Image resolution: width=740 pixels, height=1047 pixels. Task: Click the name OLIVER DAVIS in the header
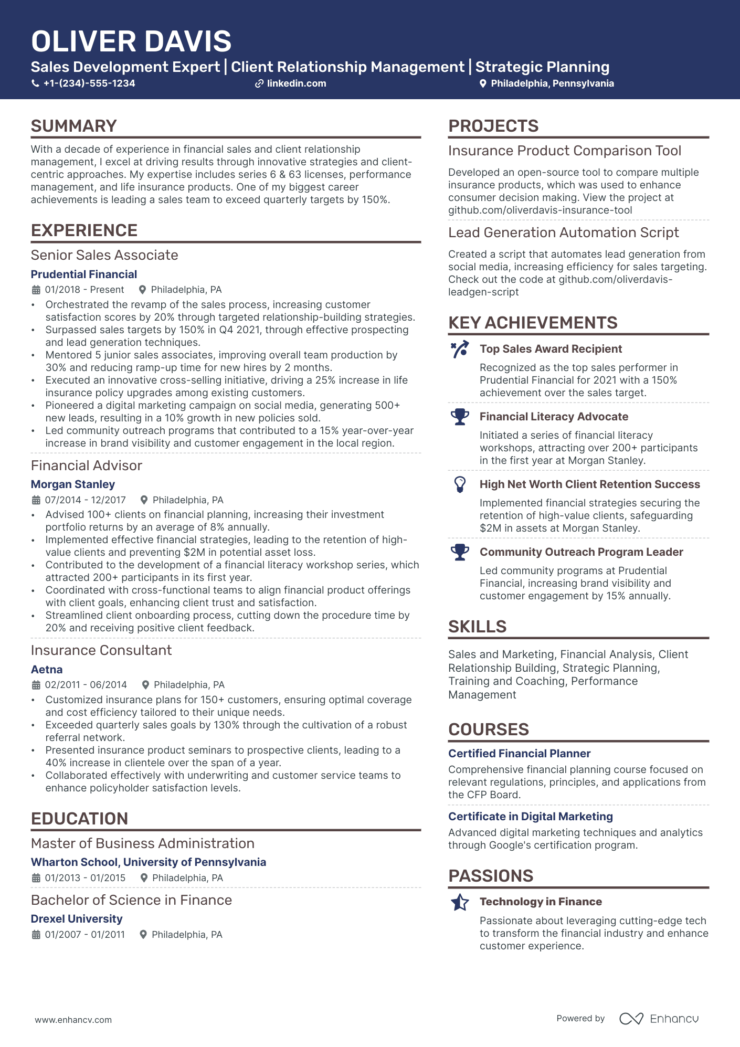(x=131, y=41)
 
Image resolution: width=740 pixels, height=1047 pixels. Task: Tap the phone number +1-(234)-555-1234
(x=89, y=83)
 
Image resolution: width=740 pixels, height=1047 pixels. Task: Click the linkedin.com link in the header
(x=296, y=83)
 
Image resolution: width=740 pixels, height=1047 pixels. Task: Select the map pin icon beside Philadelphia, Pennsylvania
(x=483, y=83)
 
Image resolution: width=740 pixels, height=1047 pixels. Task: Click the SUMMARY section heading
(x=74, y=126)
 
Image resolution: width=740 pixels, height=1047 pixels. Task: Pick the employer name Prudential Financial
(x=84, y=274)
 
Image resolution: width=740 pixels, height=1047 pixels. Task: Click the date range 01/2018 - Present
(x=84, y=290)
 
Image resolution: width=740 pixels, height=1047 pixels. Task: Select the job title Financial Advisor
(x=87, y=466)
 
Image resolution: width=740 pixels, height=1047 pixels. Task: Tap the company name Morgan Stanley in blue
(x=73, y=484)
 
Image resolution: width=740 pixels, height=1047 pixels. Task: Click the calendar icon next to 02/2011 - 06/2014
(x=36, y=685)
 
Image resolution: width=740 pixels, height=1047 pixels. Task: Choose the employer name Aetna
(x=47, y=670)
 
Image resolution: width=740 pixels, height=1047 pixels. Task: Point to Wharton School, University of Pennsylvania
(x=149, y=862)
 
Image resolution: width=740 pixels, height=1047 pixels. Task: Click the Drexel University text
(x=77, y=919)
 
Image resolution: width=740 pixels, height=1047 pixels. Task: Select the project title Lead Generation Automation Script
(x=563, y=232)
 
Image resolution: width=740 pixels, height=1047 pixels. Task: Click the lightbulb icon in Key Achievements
(x=460, y=484)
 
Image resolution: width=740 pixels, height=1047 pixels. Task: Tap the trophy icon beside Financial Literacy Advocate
(x=460, y=417)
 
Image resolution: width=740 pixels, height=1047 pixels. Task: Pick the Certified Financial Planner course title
(x=519, y=754)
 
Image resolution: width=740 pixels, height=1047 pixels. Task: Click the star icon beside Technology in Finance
(x=460, y=902)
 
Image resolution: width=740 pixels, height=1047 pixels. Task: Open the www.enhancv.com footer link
(x=73, y=1020)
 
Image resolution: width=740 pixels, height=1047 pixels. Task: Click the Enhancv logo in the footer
(x=659, y=1019)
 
